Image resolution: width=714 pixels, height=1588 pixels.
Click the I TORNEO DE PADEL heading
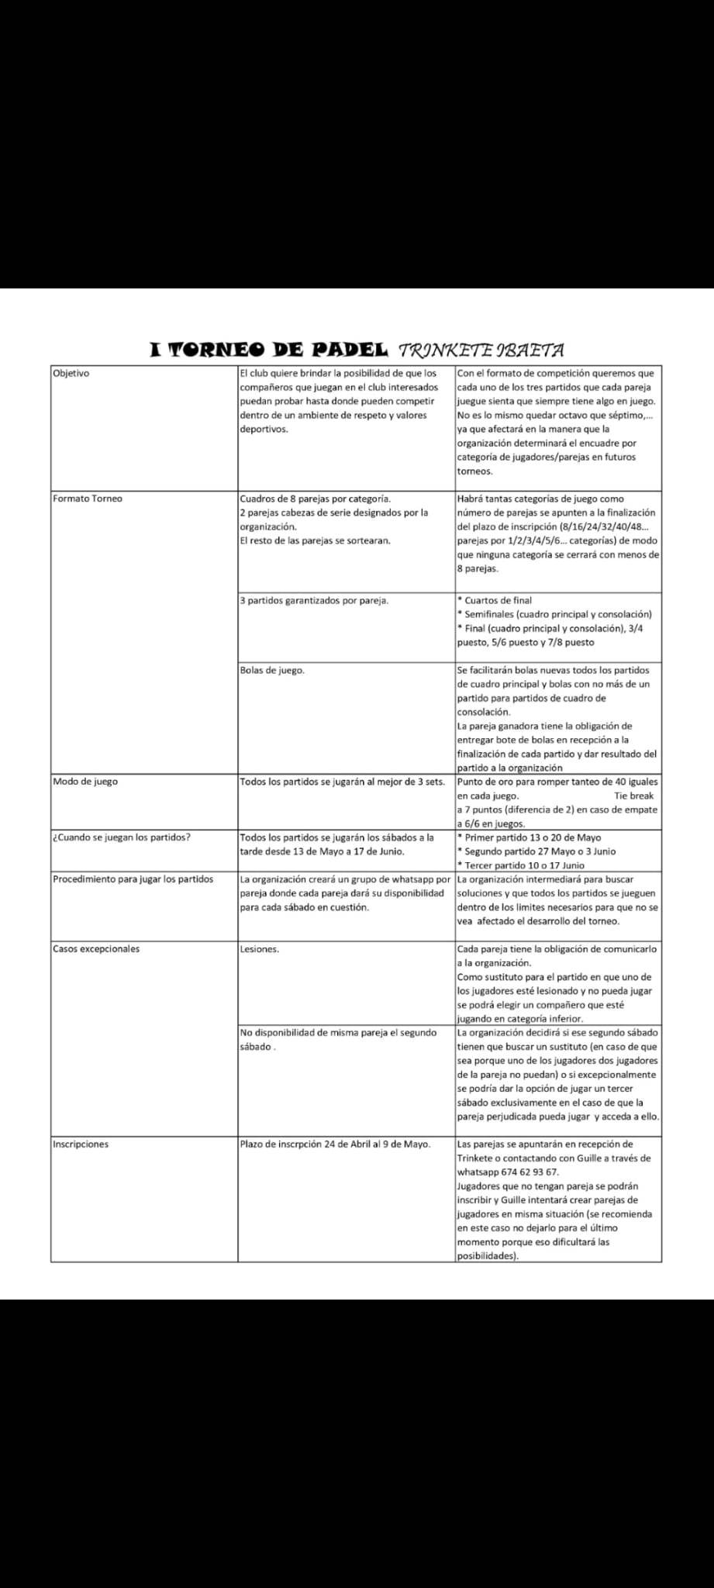click(268, 350)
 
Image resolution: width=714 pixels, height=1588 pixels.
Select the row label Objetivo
click(71, 373)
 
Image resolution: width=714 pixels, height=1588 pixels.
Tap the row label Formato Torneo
click(88, 499)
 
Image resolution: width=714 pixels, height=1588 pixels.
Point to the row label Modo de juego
click(85, 781)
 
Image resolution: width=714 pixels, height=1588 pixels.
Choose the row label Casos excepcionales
click(96, 948)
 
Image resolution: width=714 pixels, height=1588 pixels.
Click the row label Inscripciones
click(81, 1144)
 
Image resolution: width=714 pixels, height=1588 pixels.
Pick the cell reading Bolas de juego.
click(272, 670)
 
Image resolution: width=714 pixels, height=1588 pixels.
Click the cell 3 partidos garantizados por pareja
click(314, 600)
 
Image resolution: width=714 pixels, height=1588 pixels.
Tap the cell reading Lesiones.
click(260, 949)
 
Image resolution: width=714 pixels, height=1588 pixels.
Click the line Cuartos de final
click(498, 600)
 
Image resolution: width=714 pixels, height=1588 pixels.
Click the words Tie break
click(633, 796)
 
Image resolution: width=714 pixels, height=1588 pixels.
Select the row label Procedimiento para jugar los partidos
click(133, 879)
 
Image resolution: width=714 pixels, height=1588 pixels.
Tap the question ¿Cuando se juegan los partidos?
click(122, 837)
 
